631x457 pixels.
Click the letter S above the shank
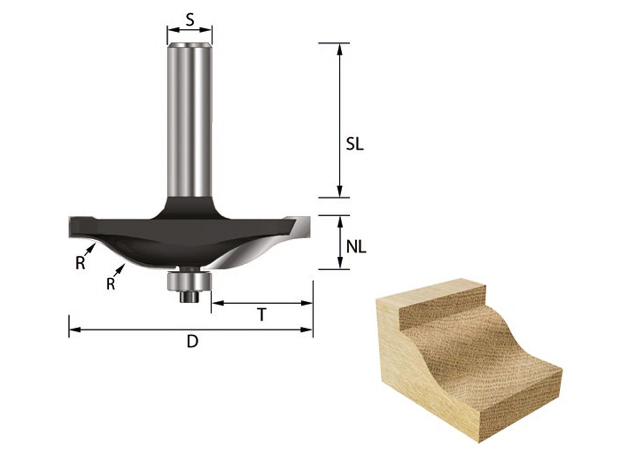pyautogui.click(x=190, y=20)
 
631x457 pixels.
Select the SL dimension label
pyautogui.click(x=355, y=144)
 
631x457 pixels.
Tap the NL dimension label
pyautogui.click(x=356, y=247)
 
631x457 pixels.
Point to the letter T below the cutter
pyautogui.click(x=261, y=315)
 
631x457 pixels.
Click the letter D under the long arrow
pyautogui.click(x=192, y=341)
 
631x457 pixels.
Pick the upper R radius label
pyautogui.click(x=80, y=263)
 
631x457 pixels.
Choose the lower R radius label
pyautogui.click(x=111, y=283)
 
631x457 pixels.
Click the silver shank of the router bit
pyautogui.click(x=190, y=120)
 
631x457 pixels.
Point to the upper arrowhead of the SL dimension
pyautogui.click(x=339, y=49)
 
